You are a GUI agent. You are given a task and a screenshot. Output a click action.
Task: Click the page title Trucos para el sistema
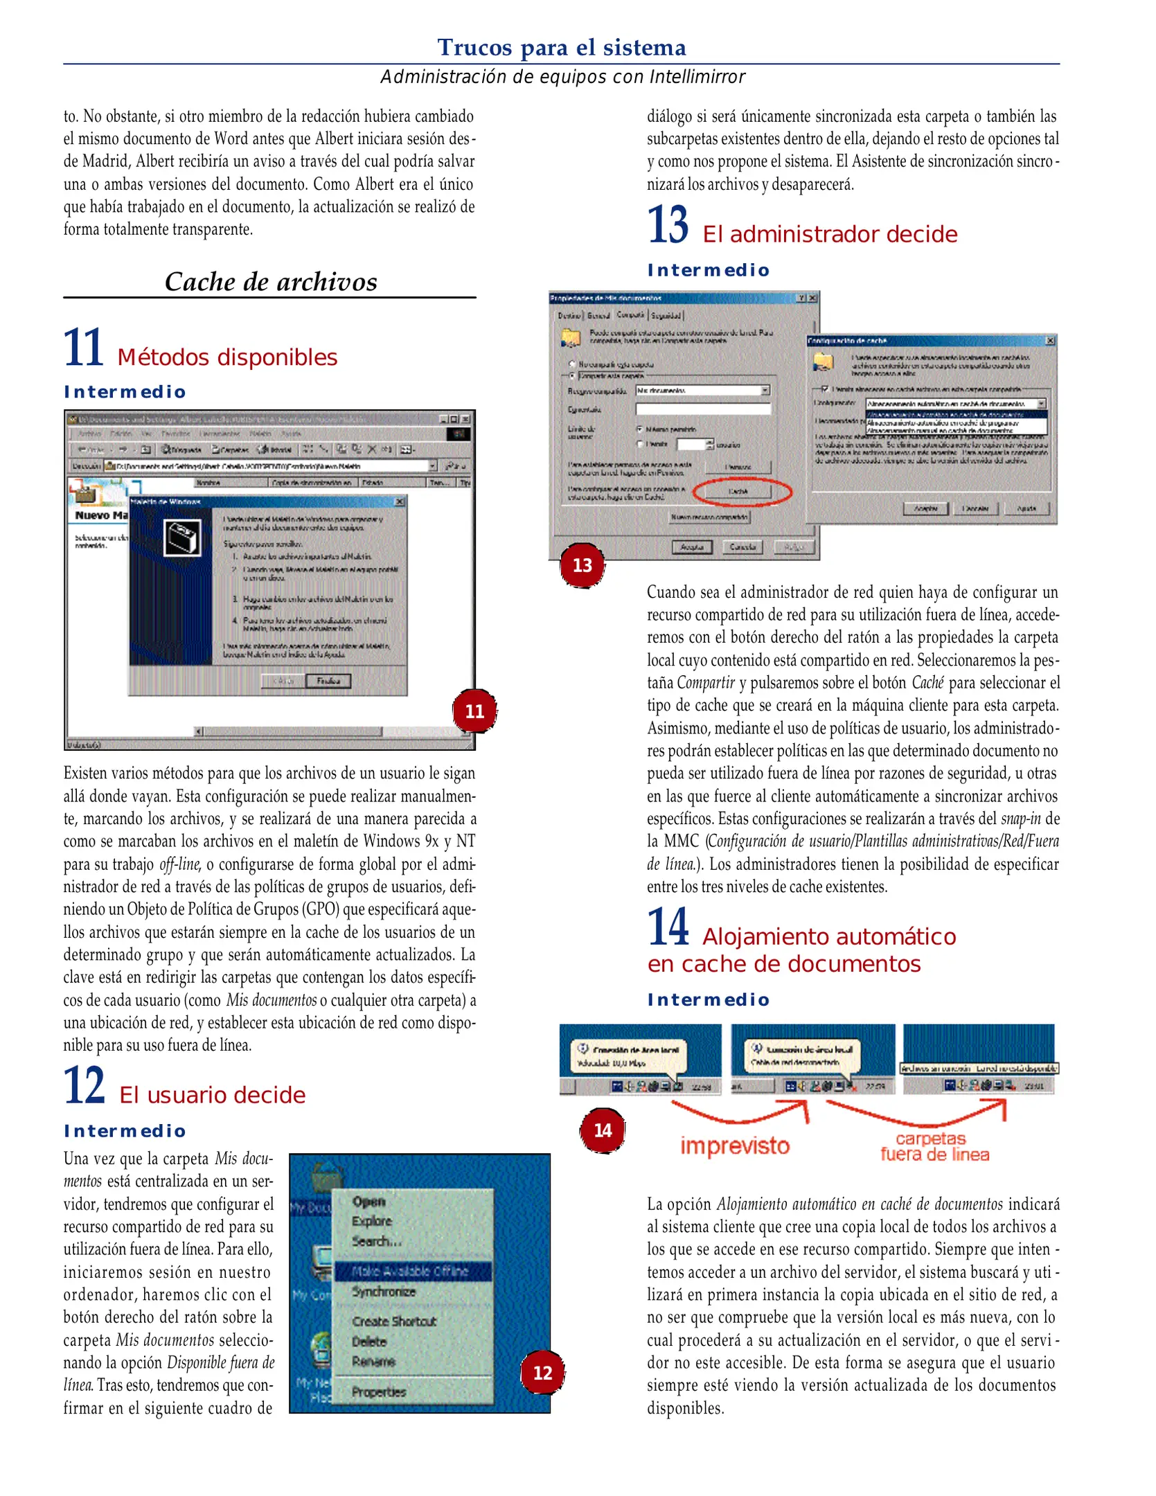(561, 47)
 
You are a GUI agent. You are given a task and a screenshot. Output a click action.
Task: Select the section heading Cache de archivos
(271, 282)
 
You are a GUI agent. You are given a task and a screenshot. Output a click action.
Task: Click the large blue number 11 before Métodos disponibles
(83, 348)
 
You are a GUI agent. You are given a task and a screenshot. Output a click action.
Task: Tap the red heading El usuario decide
(212, 1095)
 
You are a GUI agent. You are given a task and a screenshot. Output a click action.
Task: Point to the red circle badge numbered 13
(582, 565)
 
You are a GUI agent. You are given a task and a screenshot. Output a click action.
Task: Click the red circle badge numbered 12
(542, 1373)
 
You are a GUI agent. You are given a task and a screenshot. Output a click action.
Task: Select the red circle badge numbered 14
(603, 1130)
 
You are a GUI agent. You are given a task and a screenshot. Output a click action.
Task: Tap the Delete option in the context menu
(369, 1342)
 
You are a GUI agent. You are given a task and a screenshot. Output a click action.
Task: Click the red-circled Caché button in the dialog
(739, 491)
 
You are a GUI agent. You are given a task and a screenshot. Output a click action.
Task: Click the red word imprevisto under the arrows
(734, 1146)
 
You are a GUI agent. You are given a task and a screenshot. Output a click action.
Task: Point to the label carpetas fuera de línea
(934, 1147)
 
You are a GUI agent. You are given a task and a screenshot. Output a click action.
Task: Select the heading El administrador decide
(829, 234)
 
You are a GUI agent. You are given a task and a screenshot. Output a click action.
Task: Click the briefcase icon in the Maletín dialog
(181, 538)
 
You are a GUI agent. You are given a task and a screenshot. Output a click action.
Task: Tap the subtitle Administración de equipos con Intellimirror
(562, 77)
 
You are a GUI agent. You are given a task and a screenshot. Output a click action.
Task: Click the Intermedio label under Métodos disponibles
(125, 392)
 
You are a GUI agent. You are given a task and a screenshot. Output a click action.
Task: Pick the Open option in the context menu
(368, 1202)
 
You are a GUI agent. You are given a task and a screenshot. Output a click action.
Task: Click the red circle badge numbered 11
(474, 711)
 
